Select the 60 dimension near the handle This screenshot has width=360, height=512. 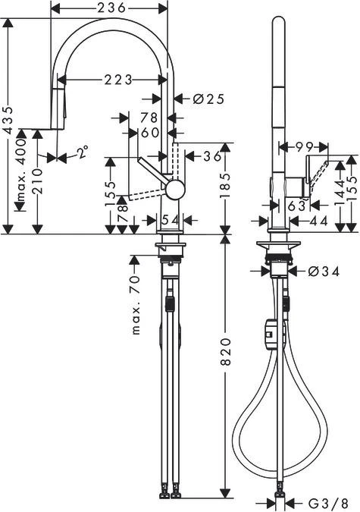click(150, 133)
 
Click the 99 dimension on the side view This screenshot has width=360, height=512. click(305, 146)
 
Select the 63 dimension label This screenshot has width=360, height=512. click(296, 204)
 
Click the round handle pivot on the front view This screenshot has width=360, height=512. click(175, 189)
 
